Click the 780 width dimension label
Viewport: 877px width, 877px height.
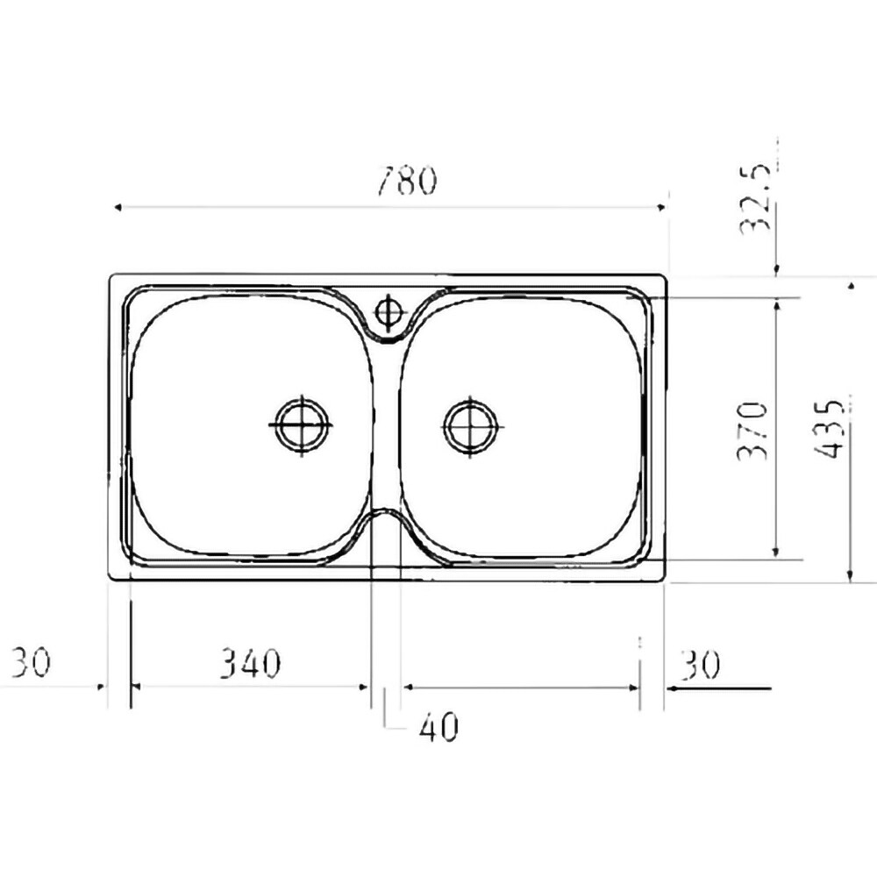[407, 181]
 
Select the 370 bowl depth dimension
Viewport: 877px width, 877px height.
[752, 431]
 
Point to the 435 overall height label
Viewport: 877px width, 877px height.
[827, 429]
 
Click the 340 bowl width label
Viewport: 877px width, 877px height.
[249, 663]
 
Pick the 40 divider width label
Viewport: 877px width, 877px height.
[439, 726]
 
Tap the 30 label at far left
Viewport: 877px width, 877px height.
[31, 661]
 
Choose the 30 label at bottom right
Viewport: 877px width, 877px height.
[700, 665]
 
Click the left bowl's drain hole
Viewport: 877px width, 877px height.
[302, 424]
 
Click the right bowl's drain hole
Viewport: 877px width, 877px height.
[470, 426]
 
